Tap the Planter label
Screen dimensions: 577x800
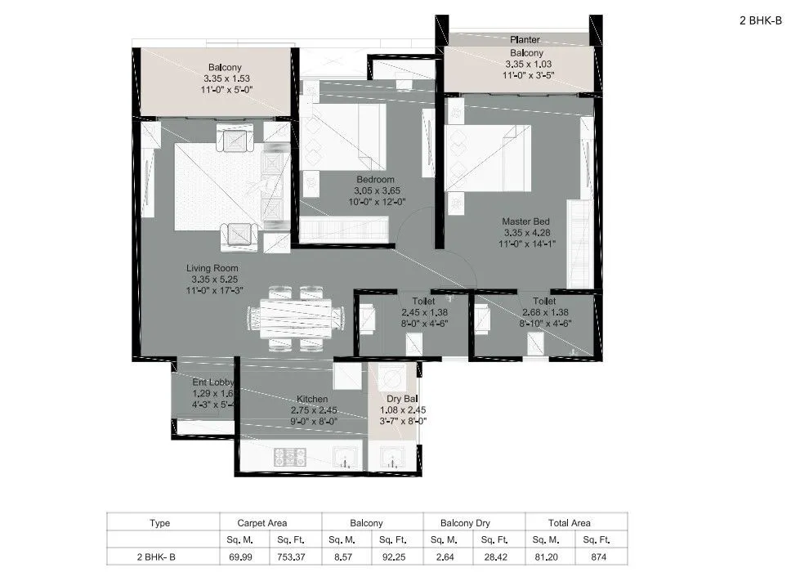(x=525, y=39)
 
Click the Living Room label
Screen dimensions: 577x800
(x=211, y=268)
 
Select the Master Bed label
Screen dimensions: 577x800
(x=525, y=221)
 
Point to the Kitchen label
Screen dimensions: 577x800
(x=314, y=399)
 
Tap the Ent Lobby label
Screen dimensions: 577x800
(x=212, y=382)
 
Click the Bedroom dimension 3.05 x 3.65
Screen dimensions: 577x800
(x=375, y=190)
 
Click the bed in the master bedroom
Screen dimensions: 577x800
(x=488, y=157)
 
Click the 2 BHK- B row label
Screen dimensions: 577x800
(x=160, y=557)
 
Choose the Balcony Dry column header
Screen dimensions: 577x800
(x=473, y=523)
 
